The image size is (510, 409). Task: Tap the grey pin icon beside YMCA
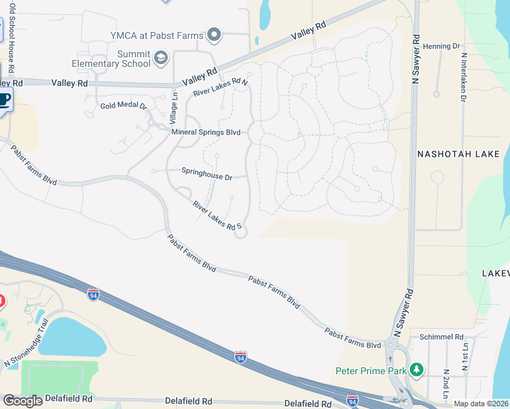click(x=214, y=34)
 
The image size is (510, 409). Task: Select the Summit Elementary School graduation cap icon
click(x=161, y=58)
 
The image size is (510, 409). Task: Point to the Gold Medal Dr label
click(x=123, y=106)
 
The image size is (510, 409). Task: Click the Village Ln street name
click(x=174, y=108)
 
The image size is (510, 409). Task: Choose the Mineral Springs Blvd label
click(x=206, y=132)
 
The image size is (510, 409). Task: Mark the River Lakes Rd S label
click(x=217, y=215)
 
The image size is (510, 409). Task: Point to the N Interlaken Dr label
click(x=464, y=77)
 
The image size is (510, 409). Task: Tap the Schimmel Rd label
click(x=441, y=337)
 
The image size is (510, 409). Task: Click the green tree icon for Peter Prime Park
click(x=416, y=370)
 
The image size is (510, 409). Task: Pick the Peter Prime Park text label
click(x=370, y=372)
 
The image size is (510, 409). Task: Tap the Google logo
click(x=23, y=401)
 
